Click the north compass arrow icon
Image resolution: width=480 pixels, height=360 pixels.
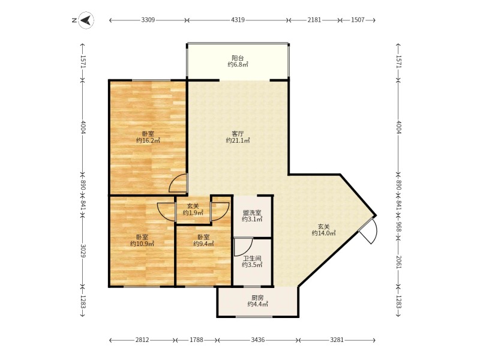86,20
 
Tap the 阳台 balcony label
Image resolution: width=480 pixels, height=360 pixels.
238,58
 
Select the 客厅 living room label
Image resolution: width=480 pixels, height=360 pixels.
238,134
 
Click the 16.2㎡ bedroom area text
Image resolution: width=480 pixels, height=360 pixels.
148,140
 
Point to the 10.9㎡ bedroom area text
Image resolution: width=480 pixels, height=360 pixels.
142,244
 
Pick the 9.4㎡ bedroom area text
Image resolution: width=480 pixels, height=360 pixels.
203,244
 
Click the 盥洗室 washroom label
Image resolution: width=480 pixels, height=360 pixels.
252,212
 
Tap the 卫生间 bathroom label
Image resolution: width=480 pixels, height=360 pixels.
252,259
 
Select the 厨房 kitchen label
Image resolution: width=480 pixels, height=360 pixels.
258,298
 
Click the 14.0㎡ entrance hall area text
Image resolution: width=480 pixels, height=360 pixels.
324,233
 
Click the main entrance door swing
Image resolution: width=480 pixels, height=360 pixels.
369,231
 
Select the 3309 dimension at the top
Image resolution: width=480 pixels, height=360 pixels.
148,20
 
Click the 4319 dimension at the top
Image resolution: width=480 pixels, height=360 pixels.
238,20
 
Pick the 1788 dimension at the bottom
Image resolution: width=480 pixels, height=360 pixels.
196,340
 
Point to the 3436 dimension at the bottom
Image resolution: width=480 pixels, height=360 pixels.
258,340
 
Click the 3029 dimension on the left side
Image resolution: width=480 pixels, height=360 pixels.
83,250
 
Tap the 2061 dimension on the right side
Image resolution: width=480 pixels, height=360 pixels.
398,262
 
